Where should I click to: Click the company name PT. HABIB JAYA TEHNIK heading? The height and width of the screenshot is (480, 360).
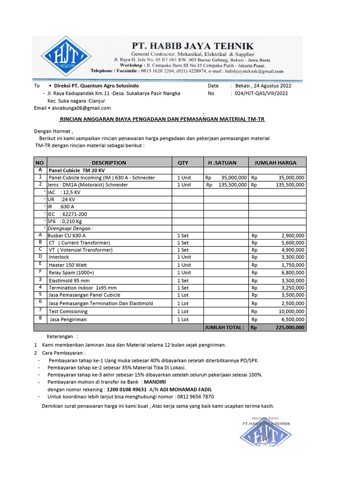coord(193,45)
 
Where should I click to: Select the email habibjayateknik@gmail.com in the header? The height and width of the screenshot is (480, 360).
coord(255,72)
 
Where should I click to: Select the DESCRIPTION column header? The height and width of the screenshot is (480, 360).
coord(109,163)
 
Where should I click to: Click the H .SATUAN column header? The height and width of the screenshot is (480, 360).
coord(222,163)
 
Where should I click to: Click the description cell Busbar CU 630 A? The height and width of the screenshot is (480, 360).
coord(67,235)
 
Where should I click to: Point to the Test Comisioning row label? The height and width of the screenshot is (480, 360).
coord(68,311)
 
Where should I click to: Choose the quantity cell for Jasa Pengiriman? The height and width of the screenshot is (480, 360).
coord(183,319)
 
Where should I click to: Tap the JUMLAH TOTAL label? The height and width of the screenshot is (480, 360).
coord(224,328)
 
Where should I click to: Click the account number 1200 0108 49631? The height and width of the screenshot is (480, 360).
coord(127,390)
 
